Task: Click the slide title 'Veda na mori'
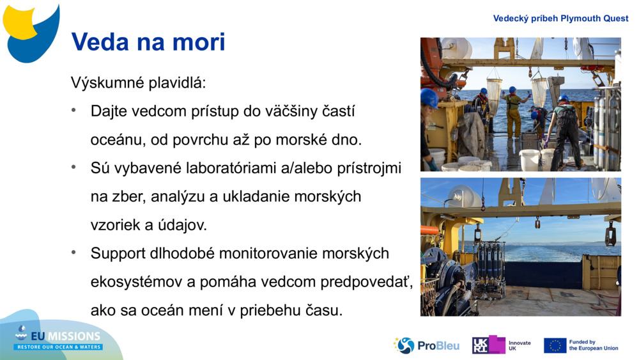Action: [148, 42]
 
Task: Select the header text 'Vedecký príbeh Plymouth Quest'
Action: [560, 18]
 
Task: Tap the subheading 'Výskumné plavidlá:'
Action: [138, 83]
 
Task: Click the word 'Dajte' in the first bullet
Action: [110, 111]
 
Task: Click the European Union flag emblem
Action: [555, 345]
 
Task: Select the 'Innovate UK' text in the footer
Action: [520, 345]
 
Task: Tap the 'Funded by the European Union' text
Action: [593, 345]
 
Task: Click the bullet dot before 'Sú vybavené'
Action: [75, 168]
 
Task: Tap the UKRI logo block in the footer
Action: [488, 345]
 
